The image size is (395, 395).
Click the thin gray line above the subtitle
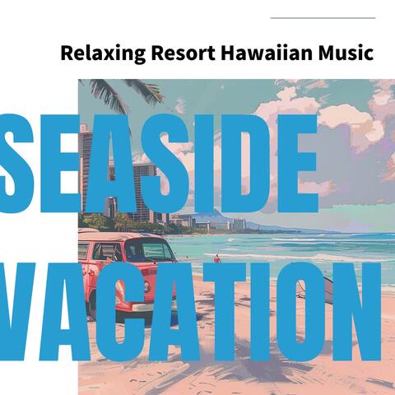tap(323, 17)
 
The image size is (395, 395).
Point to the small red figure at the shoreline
tap(217, 258)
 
